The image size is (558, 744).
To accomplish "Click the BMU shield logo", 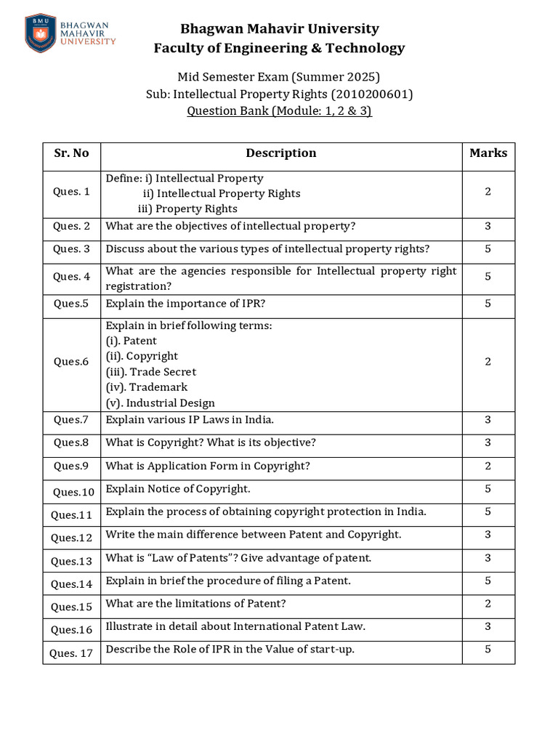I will [x=40, y=33].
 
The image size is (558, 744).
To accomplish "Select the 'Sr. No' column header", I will [x=71, y=153].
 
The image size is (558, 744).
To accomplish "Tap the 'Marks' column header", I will [x=488, y=153].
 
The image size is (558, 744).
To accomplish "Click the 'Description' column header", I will [x=280, y=153].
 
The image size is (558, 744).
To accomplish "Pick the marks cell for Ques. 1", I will [x=488, y=192].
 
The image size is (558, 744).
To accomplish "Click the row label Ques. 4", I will [x=71, y=276].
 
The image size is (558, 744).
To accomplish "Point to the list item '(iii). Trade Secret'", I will [x=151, y=372].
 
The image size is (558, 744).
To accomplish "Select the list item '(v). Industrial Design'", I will [x=161, y=403].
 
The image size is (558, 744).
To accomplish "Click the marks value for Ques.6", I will [x=488, y=362].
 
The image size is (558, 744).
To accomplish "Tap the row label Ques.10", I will [x=73, y=492].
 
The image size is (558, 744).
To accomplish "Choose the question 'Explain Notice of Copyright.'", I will [x=178, y=489].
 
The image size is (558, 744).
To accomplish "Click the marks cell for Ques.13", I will [x=488, y=557].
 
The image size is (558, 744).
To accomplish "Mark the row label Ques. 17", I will [x=71, y=653].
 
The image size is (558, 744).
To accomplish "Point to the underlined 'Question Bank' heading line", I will [x=279, y=111].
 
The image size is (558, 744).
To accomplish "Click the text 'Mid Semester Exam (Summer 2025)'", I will [x=279, y=77].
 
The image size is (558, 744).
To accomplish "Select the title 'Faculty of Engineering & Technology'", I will [x=279, y=48].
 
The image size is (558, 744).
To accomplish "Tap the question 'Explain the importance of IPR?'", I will [x=190, y=304].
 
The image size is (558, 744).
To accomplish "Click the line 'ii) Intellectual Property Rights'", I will [x=222, y=193].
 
